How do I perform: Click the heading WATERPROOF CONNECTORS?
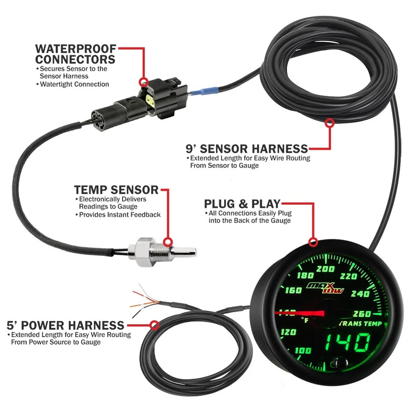[75, 54]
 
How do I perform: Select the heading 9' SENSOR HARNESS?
[247, 149]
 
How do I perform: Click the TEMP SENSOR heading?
[116, 190]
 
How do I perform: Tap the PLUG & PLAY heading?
[242, 203]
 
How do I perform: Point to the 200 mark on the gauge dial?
[326, 269]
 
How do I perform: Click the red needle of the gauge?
[299, 314]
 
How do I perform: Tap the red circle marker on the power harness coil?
[155, 325]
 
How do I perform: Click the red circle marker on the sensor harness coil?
[329, 123]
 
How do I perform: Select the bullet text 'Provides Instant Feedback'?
[120, 215]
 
